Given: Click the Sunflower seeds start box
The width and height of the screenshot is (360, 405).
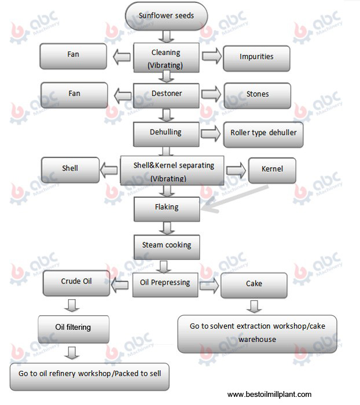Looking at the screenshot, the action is [x=166, y=16].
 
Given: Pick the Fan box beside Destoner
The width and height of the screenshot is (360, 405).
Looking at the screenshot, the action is [x=74, y=95].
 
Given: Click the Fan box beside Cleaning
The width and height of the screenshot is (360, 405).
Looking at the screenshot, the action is [x=73, y=56].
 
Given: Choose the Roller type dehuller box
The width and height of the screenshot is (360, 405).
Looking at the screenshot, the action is [x=263, y=135].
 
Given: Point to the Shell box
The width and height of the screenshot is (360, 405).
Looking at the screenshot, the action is [x=70, y=170].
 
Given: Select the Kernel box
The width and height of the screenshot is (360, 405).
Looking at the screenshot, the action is [x=272, y=171].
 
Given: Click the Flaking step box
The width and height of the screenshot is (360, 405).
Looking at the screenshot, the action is [x=167, y=209].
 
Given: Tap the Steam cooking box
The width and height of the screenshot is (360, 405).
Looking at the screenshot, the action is [x=167, y=247].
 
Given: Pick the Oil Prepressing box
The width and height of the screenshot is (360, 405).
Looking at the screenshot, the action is [x=165, y=285].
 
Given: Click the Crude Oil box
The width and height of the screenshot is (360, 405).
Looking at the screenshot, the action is [x=76, y=283].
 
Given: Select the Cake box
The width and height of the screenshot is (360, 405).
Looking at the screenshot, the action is [x=254, y=285].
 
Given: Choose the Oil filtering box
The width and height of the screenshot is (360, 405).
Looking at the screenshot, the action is [x=74, y=329].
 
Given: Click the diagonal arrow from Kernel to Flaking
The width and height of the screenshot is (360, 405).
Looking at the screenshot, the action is [x=234, y=198].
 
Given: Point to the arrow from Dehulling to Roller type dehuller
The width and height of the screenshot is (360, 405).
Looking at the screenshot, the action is [x=211, y=134].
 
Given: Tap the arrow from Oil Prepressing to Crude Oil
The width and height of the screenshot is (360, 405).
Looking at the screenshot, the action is [x=120, y=285].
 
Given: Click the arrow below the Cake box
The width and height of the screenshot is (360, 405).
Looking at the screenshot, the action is [x=254, y=306].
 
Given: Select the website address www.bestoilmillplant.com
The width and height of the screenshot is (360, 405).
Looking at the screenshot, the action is [x=269, y=395].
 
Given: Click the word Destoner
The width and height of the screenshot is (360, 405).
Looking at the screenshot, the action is [x=167, y=93].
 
